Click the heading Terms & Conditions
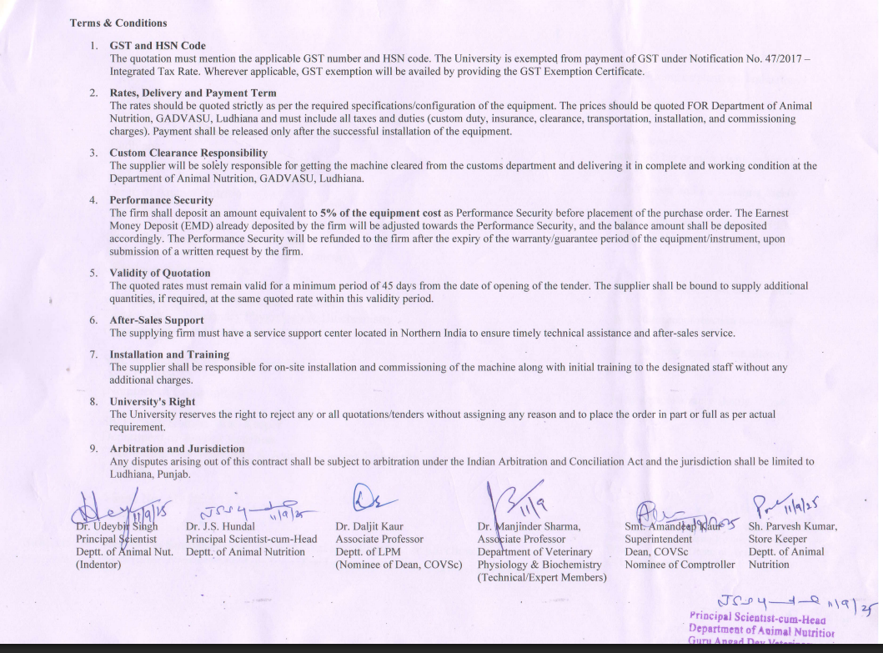click(x=118, y=23)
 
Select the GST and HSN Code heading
click(x=157, y=46)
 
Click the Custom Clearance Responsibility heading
click(x=188, y=153)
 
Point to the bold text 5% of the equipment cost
click(x=380, y=213)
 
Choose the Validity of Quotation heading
click(x=159, y=274)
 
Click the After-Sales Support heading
click(x=156, y=320)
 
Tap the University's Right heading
click(x=152, y=402)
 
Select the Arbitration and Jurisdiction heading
click(x=177, y=449)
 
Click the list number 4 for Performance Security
click(x=93, y=201)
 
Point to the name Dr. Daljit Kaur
click(x=369, y=527)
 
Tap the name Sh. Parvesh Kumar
click(x=792, y=527)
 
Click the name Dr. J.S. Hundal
click(x=219, y=527)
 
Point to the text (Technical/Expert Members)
click(x=542, y=577)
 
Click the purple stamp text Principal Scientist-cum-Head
click(x=757, y=619)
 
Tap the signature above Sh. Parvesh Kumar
click(x=781, y=503)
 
